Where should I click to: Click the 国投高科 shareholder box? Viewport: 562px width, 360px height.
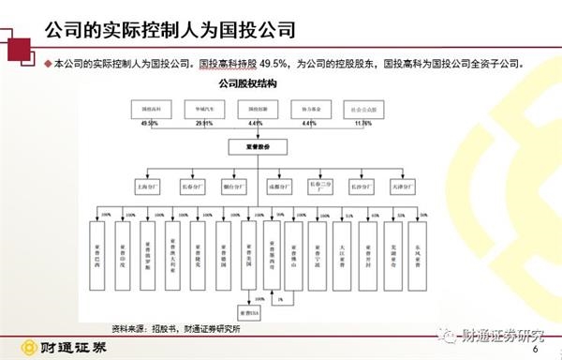[147, 109]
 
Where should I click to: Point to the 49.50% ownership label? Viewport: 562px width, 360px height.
[147, 123]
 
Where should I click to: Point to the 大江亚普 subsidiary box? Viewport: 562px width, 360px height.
[343, 247]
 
